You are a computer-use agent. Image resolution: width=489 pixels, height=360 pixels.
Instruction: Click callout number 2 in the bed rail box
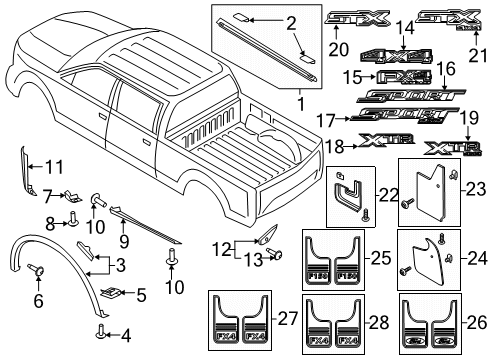pyautogui.click(x=264, y=22)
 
